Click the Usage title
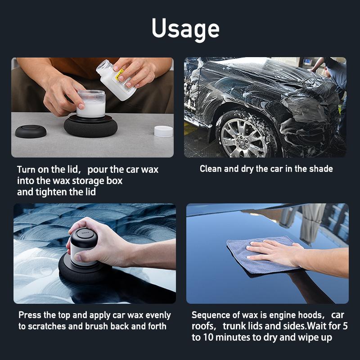tap(185, 29)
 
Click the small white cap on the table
tap(163, 131)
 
